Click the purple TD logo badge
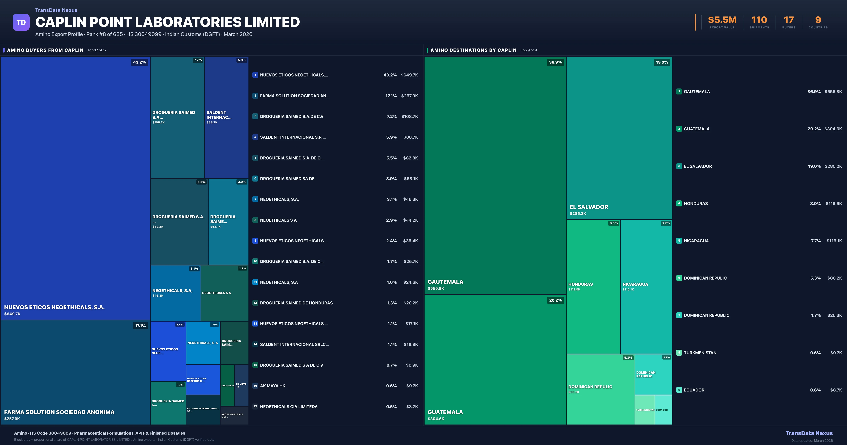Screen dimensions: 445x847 coord(21,22)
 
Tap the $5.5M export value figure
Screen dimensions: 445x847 coord(722,20)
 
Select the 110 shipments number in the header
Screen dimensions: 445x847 coord(759,20)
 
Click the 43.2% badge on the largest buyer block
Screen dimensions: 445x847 coord(139,62)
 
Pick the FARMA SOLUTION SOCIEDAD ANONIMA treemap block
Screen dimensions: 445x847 coord(75,372)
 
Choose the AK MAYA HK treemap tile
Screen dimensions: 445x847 coord(241,385)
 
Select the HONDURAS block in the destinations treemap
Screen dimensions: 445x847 coord(593,286)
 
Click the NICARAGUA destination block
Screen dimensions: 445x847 coord(646,286)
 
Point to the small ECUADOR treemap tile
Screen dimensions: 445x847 coord(663,410)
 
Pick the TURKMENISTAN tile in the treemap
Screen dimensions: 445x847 coord(645,410)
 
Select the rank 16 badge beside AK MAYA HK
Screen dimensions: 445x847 coord(255,386)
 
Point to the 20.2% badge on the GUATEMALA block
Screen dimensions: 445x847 coord(555,300)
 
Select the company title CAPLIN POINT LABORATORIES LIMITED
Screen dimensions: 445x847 coord(167,22)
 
